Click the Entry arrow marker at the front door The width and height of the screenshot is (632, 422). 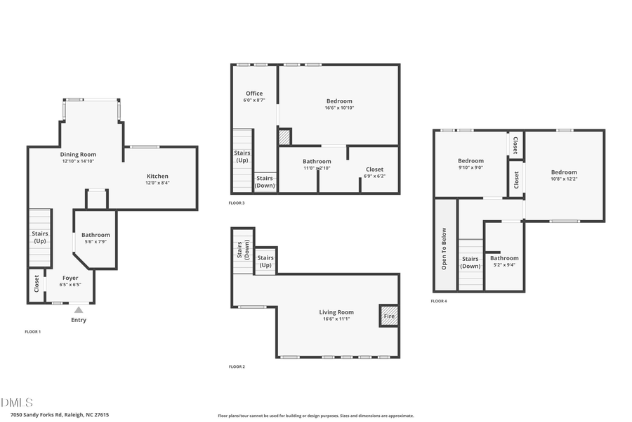point(79,309)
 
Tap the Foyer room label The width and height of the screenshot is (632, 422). point(70,278)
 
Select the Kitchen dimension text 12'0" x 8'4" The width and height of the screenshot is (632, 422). point(157,183)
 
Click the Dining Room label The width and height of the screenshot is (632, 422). point(78,154)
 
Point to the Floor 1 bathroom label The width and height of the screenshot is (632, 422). point(96,235)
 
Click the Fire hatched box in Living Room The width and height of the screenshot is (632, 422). point(389,315)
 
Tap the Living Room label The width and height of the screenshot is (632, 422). point(336,312)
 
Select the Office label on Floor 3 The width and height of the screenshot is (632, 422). point(254,94)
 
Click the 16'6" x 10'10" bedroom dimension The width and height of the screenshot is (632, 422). point(339,108)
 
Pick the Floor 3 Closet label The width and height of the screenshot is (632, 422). point(374,170)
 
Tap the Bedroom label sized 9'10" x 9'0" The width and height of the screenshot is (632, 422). point(470,161)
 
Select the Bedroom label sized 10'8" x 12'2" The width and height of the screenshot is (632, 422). point(564,172)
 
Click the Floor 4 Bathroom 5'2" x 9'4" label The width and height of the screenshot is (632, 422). point(504,258)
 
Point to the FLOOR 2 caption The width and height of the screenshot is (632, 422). point(237,366)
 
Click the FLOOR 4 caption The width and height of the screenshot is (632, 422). point(439,301)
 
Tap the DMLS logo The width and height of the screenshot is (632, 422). point(17,403)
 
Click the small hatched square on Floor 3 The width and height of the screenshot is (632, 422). point(284,136)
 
